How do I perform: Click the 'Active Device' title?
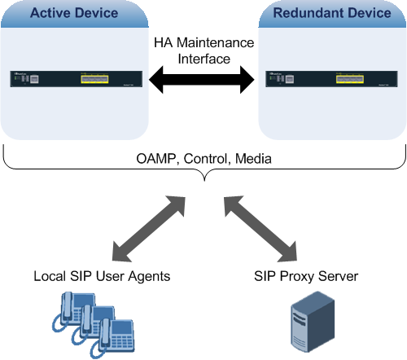(x=74, y=13)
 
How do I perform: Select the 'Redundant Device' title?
(x=332, y=13)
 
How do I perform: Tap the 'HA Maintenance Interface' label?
(x=204, y=50)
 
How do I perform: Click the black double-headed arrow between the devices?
(x=202, y=80)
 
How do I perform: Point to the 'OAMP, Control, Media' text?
(x=203, y=159)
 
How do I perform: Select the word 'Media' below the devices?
(x=253, y=159)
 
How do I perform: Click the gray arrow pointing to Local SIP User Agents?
(x=149, y=229)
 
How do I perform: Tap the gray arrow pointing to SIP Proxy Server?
(x=260, y=229)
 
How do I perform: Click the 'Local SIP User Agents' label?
(x=102, y=277)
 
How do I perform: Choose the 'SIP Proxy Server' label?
(x=306, y=276)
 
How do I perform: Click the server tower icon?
(x=313, y=322)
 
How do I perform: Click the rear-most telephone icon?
(x=75, y=308)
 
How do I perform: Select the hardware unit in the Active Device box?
(x=77, y=79)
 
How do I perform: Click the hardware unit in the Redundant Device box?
(x=331, y=79)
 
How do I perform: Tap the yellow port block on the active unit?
(x=94, y=79)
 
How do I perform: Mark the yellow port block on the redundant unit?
(x=350, y=79)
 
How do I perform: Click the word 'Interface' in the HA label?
(x=204, y=59)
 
